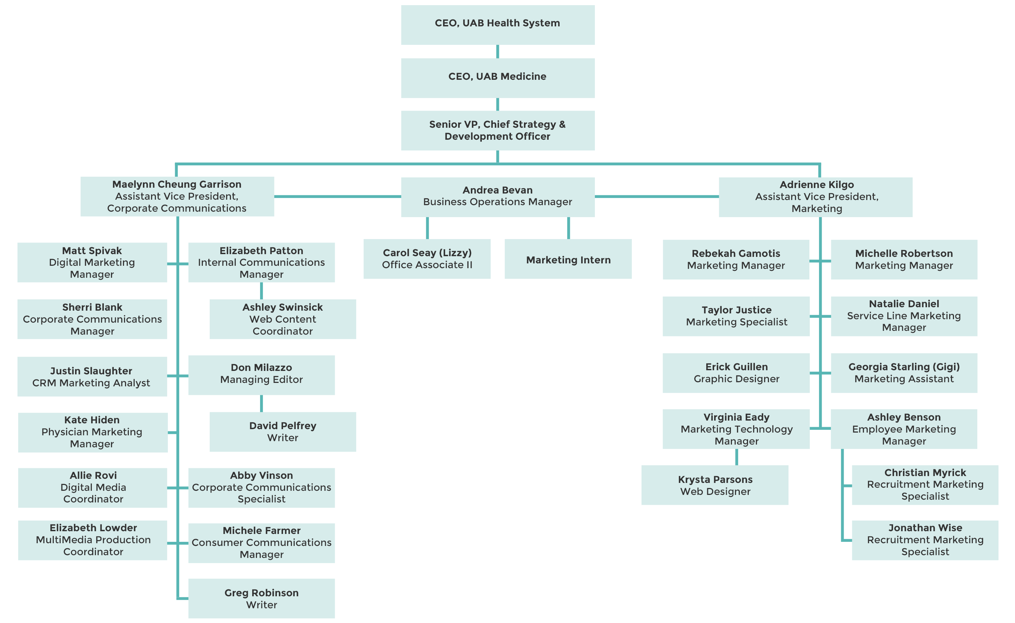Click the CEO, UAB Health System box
(x=497, y=25)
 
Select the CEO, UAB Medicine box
(x=497, y=77)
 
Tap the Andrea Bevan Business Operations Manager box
(x=497, y=197)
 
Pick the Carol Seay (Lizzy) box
(x=427, y=259)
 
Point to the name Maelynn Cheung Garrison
(x=176, y=184)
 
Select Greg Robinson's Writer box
(x=261, y=598)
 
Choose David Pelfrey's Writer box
(x=282, y=432)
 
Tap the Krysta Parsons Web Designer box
(x=714, y=485)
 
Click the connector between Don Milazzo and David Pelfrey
(x=261, y=403)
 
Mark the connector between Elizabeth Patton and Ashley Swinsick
(x=261, y=290)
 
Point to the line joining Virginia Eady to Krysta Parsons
(x=736, y=457)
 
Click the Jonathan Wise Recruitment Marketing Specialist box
(x=925, y=540)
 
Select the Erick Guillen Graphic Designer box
(x=736, y=373)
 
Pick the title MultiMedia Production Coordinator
(x=93, y=546)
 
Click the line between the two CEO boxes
(x=497, y=51)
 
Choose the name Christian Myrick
(x=925, y=472)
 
